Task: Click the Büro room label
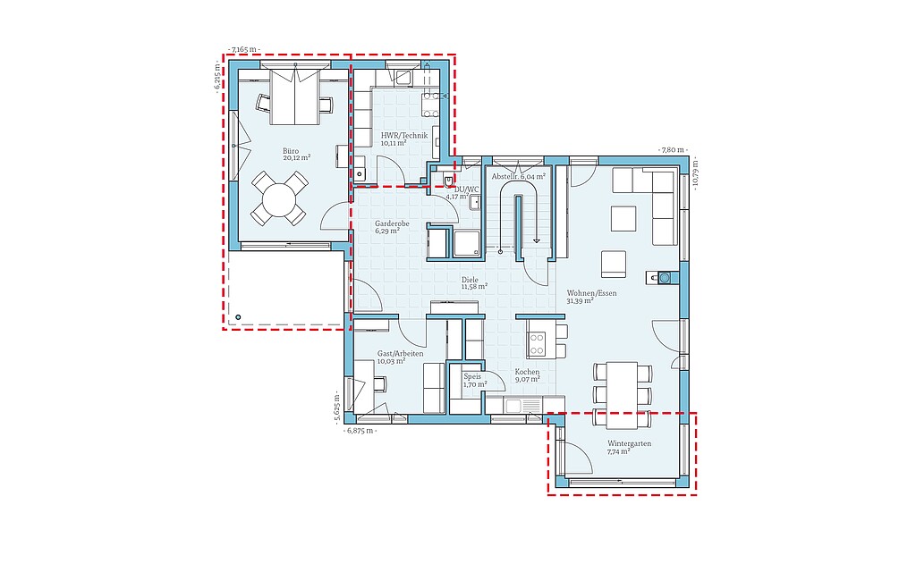[x=291, y=151]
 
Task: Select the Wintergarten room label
[x=629, y=443]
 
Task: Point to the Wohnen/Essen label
[x=591, y=293]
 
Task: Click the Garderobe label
[x=392, y=223]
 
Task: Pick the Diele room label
[x=470, y=280]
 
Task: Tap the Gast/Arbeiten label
[x=400, y=354]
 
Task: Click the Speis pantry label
[x=472, y=377]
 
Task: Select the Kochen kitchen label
[x=527, y=372]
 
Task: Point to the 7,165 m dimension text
[x=244, y=50]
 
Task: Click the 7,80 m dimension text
[x=674, y=150]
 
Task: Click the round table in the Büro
[x=280, y=199]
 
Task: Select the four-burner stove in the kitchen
[x=537, y=344]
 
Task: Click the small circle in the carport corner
[x=238, y=317]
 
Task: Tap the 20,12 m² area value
[x=297, y=157]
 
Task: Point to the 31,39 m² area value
[x=580, y=301]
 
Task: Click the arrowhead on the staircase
[x=537, y=240]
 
